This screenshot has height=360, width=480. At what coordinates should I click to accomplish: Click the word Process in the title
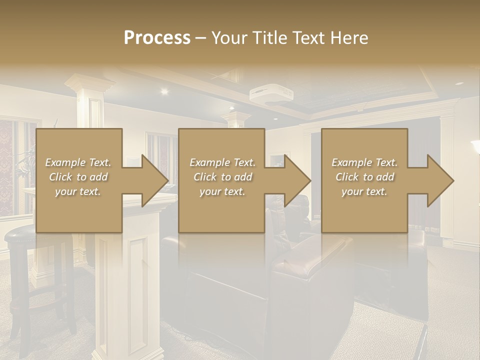point(157,38)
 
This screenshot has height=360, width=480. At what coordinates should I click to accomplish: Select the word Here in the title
point(349,38)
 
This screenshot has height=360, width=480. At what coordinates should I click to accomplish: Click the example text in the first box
point(78,177)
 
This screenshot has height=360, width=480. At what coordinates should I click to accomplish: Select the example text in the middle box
point(222,177)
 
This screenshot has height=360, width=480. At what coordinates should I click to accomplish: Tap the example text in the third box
point(364,177)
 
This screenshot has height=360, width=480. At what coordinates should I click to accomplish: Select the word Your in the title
point(228,38)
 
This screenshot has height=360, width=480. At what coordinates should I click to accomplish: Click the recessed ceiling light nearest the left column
point(163,91)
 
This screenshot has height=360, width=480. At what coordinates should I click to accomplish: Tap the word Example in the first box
point(64,162)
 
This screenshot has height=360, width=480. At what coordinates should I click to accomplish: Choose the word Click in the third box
point(345,177)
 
